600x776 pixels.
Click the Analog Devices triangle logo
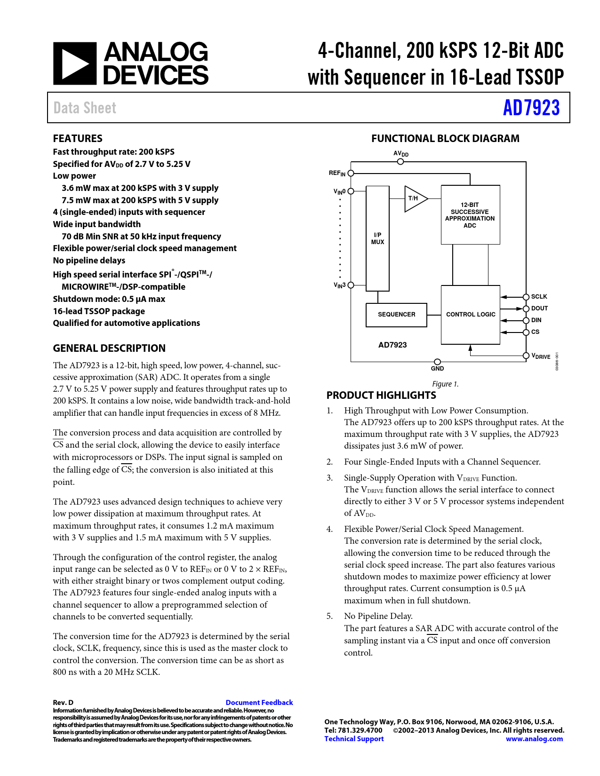pyautogui.click(x=75, y=63)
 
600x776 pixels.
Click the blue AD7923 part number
pyautogui.click(x=531, y=108)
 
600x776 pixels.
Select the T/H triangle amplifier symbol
pyautogui.click(x=416, y=198)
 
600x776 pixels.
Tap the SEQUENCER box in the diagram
pyautogui.click(x=396, y=315)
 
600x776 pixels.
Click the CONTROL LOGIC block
pyautogui.click(x=470, y=315)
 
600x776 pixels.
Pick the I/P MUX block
pyautogui.click(x=377, y=238)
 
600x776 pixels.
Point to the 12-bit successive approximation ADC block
pyautogui.click(x=470, y=214)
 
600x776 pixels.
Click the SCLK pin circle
pyautogui.click(x=526, y=297)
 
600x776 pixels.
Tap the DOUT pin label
pyautogui.click(x=539, y=308)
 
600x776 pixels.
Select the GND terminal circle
pyautogui.click(x=437, y=362)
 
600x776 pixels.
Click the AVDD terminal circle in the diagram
pyautogui.click(x=400, y=162)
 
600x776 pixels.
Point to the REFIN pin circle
pyautogui.click(x=351, y=173)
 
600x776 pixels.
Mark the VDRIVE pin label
pyautogui.click(x=541, y=356)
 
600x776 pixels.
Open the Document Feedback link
pyautogui.click(x=259, y=703)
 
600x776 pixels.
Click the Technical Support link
pyautogui.click(x=354, y=739)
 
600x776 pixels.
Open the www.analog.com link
pyautogui.click(x=534, y=739)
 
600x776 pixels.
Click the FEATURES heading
pyautogui.click(x=78, y=138)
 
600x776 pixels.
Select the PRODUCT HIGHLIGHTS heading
pyautogui.click(x=381, y=395)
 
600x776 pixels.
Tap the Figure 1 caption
pyautogui.click(x=445, y=384)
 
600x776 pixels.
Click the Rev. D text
pyautogui.click(x=63, y=703)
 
